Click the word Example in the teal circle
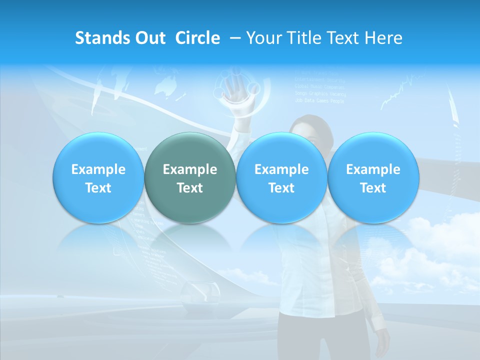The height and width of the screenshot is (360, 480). pos(190,169)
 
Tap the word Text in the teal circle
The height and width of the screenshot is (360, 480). pos(190,188)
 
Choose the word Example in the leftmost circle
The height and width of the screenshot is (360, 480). pos(98,169)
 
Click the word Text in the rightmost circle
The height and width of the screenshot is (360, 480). pos(373,188)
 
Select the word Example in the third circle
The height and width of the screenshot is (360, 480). pos(281,169)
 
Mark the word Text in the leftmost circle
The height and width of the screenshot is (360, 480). pos(98,188)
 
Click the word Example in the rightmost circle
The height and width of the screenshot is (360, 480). pos(373,169)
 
